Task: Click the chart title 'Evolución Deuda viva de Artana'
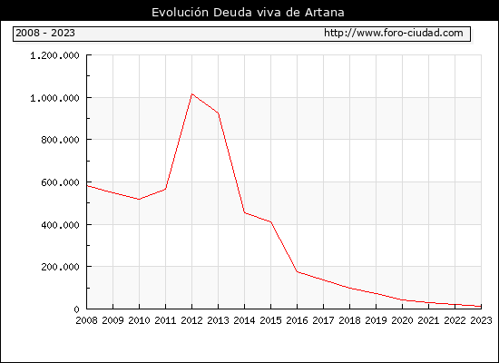pos(248,13)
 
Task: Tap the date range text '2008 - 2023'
pos(45,33)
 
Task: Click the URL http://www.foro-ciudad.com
pos(394,33)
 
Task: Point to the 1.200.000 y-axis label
pos(54,55)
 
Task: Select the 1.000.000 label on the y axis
pos(54,98)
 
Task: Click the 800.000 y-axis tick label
pos(60,140)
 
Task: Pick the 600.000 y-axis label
pos(60,182)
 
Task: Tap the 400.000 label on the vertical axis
pos(60,225)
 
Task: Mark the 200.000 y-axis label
pos(60,267)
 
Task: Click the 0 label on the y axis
pos(76,309)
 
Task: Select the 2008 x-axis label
pos(86,320)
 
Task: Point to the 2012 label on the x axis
pos(192,320)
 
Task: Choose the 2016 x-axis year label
pos(298,320)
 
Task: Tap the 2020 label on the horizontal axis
pos(402,320)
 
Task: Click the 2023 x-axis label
pos(481,320)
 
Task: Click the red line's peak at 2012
pos(192,94)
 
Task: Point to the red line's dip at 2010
pos(139,200)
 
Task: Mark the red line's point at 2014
pos(244,212)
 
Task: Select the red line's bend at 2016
pos(298,271)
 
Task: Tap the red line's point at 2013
pos(219,113)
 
